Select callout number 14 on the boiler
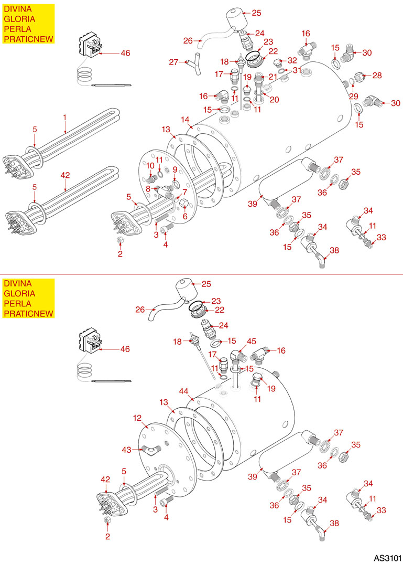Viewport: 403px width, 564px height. click(185, 119)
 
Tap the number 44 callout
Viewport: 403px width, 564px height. click(183, 391)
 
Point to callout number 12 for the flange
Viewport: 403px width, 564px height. click(137, 418)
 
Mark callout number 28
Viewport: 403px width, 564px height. click(377, 76)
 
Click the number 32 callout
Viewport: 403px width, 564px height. click(292, 60)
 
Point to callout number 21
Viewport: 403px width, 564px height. click(273, 77)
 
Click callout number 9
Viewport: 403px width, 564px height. click(175, 169)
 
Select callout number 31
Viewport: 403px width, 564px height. click(297, 70)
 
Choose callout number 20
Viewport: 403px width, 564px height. click(274, 100)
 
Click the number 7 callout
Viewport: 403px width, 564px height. click(184, 191)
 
